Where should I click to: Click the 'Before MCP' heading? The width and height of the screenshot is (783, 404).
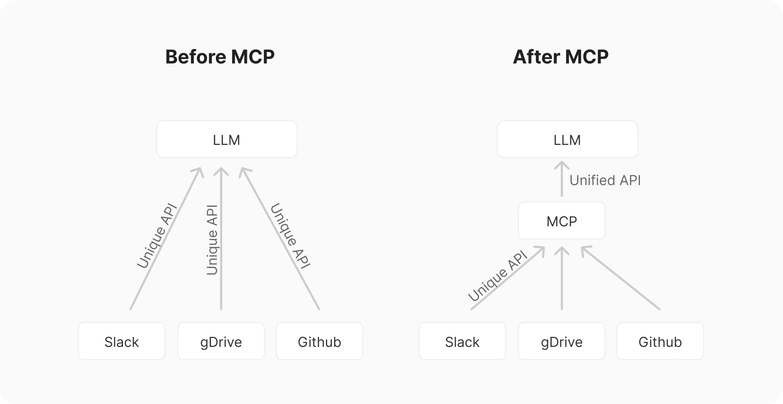point(220,57)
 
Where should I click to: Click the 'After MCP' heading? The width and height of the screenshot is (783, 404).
point(561,57)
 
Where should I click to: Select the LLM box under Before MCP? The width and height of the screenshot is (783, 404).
point(227,139)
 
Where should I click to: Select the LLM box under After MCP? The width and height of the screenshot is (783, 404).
point(568,139)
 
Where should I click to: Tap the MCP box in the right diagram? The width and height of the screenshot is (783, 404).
point(562,221)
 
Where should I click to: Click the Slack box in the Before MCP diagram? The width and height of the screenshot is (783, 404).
point(122,341)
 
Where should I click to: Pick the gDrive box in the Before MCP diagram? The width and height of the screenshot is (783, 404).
point(221,341)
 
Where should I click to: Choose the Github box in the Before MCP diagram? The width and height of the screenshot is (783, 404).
point(320,341)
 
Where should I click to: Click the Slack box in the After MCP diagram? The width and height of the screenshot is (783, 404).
point(462,341)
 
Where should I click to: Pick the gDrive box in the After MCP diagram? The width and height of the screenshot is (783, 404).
point(562,341)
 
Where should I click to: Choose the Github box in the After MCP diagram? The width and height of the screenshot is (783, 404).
point(660,341)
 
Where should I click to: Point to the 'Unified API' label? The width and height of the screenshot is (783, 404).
point(605,180)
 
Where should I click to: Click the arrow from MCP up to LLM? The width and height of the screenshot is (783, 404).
point(562,179)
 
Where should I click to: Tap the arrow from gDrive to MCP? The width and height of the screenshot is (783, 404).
point(562,278)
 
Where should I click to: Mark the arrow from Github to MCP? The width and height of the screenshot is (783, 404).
point(621,278)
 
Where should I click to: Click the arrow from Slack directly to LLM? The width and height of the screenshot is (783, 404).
point(166,239)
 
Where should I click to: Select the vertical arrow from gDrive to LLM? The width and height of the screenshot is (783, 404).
point(221,239)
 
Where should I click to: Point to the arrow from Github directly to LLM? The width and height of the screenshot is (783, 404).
point(280,239)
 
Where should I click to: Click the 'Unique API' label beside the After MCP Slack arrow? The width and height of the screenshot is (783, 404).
point(497,276)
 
